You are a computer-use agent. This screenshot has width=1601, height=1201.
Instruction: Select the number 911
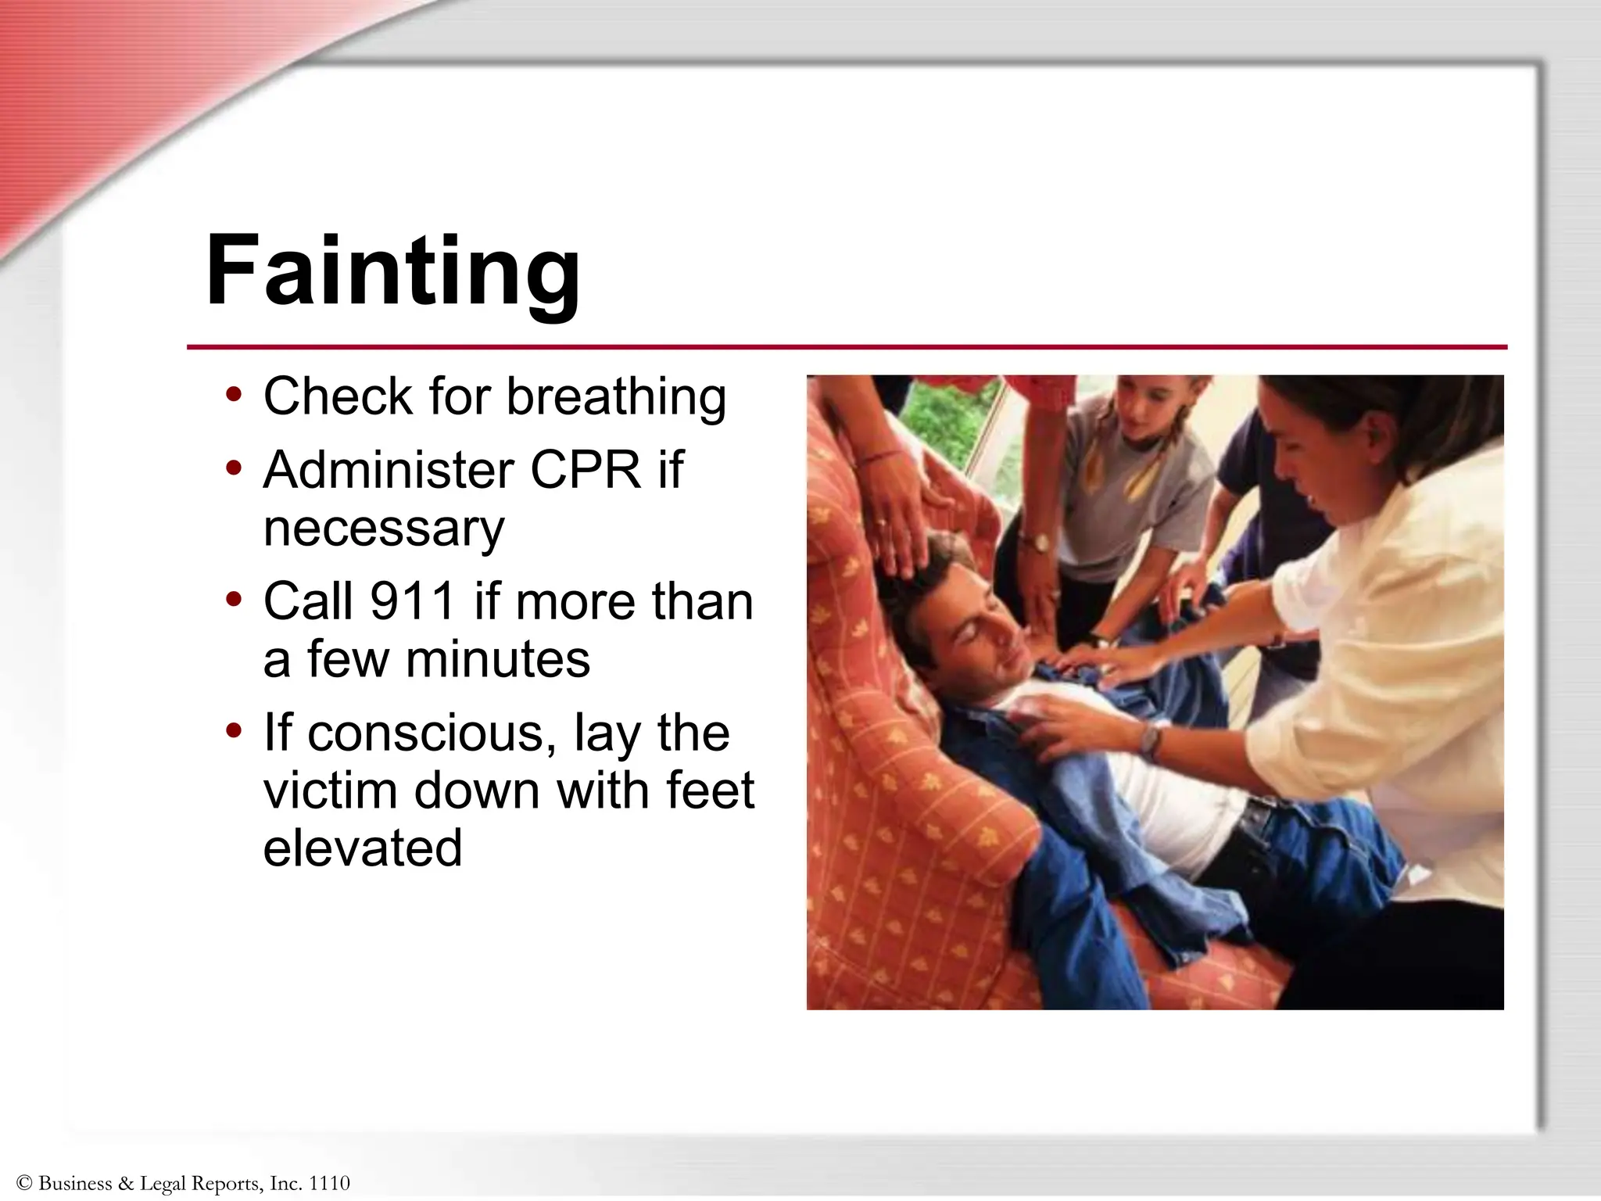(413, 601)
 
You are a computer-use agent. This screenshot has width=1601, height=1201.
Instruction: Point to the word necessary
(384, 529)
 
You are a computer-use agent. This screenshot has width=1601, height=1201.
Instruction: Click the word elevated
(363, 848)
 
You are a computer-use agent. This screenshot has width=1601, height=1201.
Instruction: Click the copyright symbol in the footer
(23, 1183)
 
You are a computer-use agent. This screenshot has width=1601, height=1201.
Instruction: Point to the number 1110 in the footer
(329, 1183)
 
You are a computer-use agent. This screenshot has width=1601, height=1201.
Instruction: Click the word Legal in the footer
(163, 1183)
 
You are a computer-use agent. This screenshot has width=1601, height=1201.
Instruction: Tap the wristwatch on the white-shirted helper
(1149, 738)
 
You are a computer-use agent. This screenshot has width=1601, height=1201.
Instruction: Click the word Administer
(389, 470)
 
